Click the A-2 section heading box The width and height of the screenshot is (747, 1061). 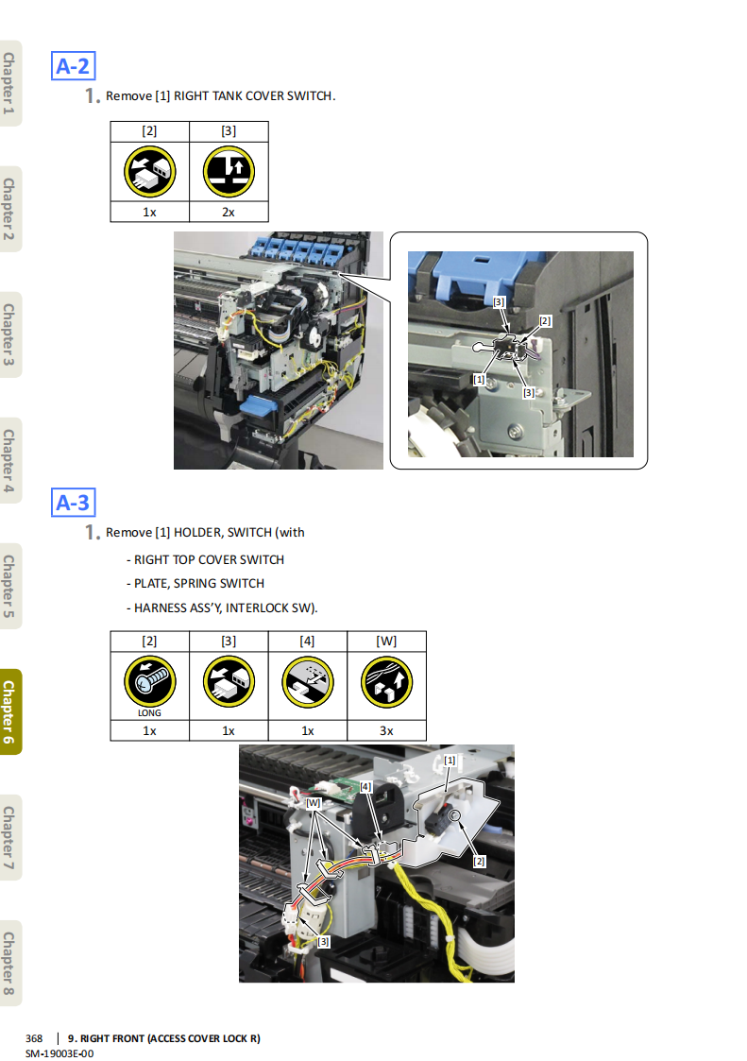(x=73, y=66)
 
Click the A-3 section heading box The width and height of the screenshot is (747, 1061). (x=73, y=503)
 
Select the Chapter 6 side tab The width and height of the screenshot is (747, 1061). (x=9, y=711)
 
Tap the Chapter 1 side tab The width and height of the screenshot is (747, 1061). (x=9, y=83)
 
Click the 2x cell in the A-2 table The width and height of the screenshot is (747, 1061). (x=229, y=212)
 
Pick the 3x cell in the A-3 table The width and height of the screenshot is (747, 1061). (x=386, y=730)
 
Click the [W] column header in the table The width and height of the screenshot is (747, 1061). (x=386, y=641)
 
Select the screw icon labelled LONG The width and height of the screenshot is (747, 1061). (x=149, y=681)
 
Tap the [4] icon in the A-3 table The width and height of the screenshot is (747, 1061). (x=308, y=682)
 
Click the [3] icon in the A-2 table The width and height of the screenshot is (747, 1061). (x=229, y=171)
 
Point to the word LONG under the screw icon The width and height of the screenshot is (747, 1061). (x=149, y=713)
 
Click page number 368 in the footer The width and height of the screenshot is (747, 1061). (x=34, y=1038)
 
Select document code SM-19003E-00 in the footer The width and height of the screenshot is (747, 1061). (x=59, y=1053)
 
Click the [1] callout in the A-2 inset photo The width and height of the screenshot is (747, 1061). (x=479, y=380)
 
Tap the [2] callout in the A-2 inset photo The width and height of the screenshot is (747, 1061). (x=545, y=320)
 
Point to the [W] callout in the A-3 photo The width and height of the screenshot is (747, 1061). (x=314, y=802)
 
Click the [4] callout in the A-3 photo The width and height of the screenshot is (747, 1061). (x=365, y=787)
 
